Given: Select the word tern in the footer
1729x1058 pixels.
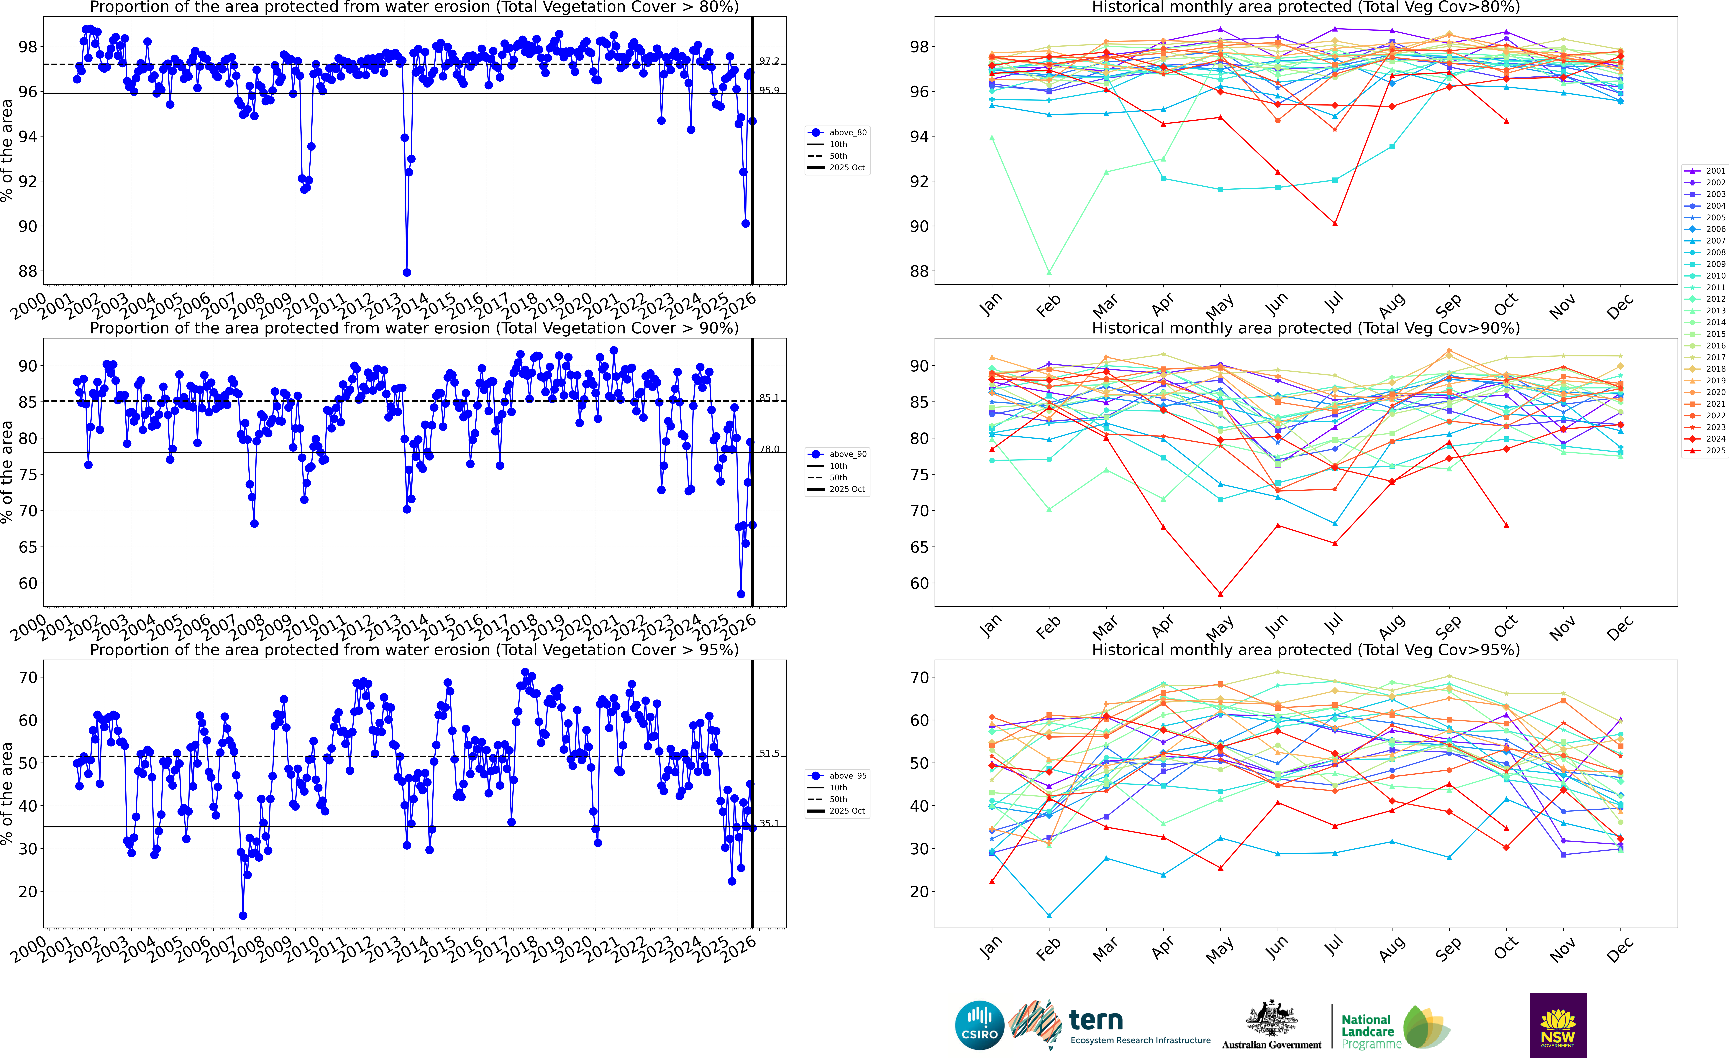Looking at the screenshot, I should click(1096, 1019).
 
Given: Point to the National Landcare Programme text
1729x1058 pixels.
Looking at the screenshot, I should click(1367, 1031).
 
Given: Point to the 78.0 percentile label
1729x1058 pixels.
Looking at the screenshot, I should click(769, 449).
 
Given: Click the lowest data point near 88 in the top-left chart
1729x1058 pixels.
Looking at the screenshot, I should click(407, 272).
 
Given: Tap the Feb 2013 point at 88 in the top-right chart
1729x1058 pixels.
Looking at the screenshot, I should click(1049, 272).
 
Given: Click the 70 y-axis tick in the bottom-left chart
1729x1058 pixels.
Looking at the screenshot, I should click(28, 678).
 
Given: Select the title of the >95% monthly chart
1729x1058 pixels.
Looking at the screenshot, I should click(1306, 650).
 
